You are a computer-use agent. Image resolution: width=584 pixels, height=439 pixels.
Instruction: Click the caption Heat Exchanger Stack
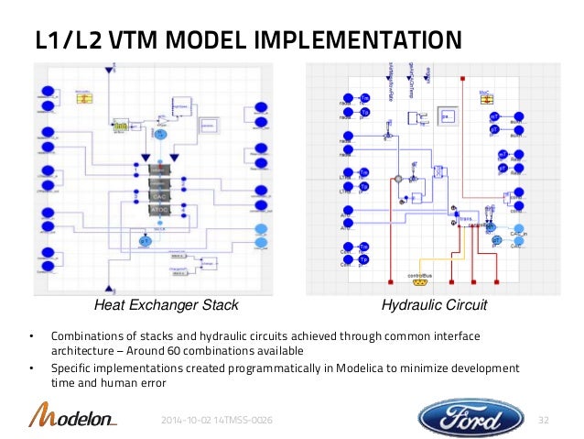pos(168,304)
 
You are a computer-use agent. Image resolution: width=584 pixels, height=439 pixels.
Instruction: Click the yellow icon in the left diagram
pos(83,97)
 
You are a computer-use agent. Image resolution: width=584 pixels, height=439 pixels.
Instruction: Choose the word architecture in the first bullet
pos(82,351)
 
